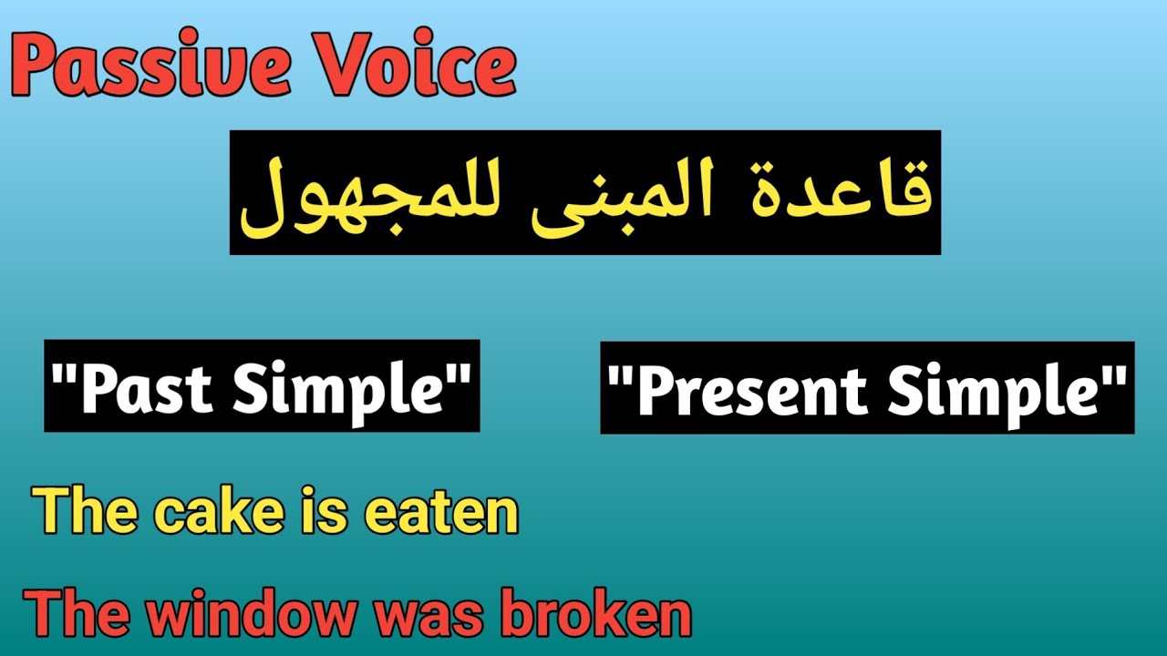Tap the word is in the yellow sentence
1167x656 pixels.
(x=323, y=512)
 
